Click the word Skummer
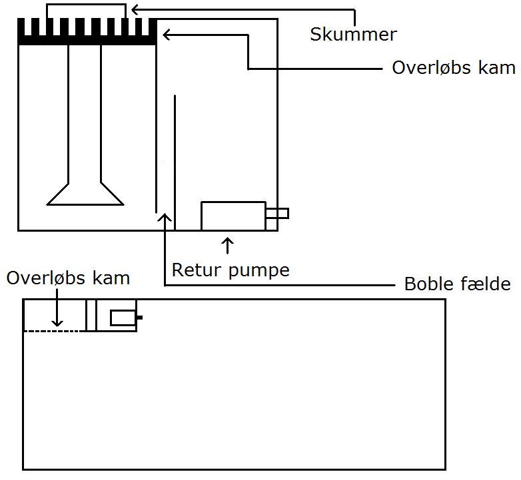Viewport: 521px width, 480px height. pos(353,35)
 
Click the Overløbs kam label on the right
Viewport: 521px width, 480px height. pos(453,68)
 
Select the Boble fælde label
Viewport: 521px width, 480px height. pos(458,284)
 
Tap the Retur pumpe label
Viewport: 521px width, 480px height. pos(231,270)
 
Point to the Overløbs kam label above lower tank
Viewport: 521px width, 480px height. pos(68,278)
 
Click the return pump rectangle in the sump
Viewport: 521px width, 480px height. pos(233,216)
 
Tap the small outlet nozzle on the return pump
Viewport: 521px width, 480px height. pos(277,214)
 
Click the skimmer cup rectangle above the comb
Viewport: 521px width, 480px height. pos(86,11)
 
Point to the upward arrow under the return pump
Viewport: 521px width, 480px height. pos(229,245)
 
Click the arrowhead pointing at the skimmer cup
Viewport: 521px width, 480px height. pos(134,9)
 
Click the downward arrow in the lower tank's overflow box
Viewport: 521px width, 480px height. pos(59,313)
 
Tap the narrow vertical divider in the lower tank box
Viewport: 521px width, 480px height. pos(91,315)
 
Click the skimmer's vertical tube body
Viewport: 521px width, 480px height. pos(85,113)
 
